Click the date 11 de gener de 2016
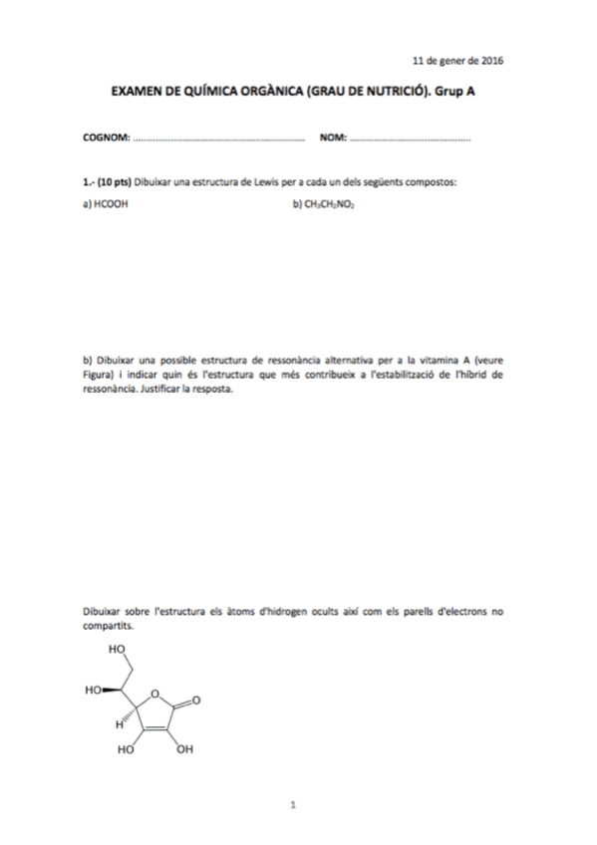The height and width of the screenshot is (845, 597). tap(457, 60)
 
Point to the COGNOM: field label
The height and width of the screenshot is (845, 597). tap(106, 137)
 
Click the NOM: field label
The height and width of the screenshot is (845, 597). tap(332, 137)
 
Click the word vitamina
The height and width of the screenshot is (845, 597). tap(439, 361)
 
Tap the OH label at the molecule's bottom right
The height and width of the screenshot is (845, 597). tap(185, 749)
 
